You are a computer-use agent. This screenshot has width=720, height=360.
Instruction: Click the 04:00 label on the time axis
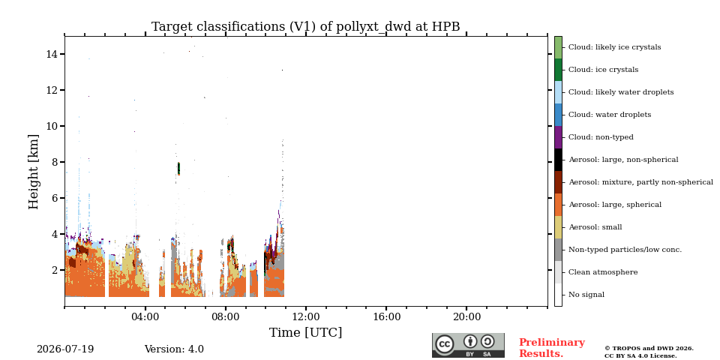pyautogui.click(x=145, y=316)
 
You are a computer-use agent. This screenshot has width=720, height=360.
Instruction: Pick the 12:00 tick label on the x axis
pyautogui.click(x=306, y=316)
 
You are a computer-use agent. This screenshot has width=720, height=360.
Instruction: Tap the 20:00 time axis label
pyautogui.click(x=466, y=316)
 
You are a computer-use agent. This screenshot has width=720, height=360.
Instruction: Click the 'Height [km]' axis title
pyautogui.click(x=34, y=172)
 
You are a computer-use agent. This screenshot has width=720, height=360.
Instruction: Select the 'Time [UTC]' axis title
pyautogui.click(x=305, y=332)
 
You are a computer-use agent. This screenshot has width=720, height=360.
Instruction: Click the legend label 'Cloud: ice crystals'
pyautogui.click(x=603, y=70)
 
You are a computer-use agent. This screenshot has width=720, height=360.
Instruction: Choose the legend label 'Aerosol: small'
pyautogui.click(x=595, y=227)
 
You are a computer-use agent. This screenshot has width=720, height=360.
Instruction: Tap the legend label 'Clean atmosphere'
pyautogui.click(x=603, y=272)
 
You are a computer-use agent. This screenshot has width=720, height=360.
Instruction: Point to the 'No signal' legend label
pyautogui.click(x=586, y=295)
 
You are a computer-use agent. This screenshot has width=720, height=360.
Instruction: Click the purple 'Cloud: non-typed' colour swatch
pyautogui.click(x=558, y=137)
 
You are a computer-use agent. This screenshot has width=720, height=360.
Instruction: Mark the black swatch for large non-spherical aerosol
pyautogui.click(x=558, y=160)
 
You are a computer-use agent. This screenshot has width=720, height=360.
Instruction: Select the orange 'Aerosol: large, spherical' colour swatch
pyautogui.click(x=558, y=205)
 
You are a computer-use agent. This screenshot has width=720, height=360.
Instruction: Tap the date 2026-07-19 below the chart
pyautogui.click(x=65, y=349)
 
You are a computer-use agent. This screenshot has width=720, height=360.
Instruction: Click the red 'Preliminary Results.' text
pyautogui.click(x=552, y=348)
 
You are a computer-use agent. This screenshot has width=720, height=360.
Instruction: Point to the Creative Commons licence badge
pyautogui.click(x=468, y=345)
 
